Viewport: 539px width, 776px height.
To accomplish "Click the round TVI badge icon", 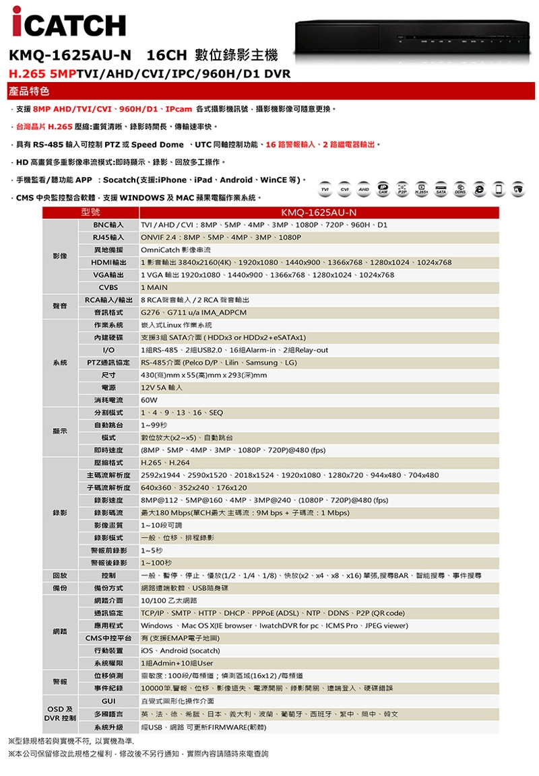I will click(x=327, y=188).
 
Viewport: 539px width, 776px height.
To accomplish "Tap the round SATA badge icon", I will click(x=443, y=188).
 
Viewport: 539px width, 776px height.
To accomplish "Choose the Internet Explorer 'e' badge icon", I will click(x=481, y=188).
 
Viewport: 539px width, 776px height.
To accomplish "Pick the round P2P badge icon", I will click(x=404, y=188).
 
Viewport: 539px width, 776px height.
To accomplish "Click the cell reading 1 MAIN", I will click(x=154, y=287).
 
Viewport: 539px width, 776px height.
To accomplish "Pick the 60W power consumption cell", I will click(x=149, y=400).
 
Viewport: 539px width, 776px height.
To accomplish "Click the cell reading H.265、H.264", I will click(x=165, y=463).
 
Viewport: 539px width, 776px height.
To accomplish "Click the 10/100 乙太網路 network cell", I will click(x=168, y=600).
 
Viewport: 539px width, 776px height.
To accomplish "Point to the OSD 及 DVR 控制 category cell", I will click(x=61, y=713).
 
